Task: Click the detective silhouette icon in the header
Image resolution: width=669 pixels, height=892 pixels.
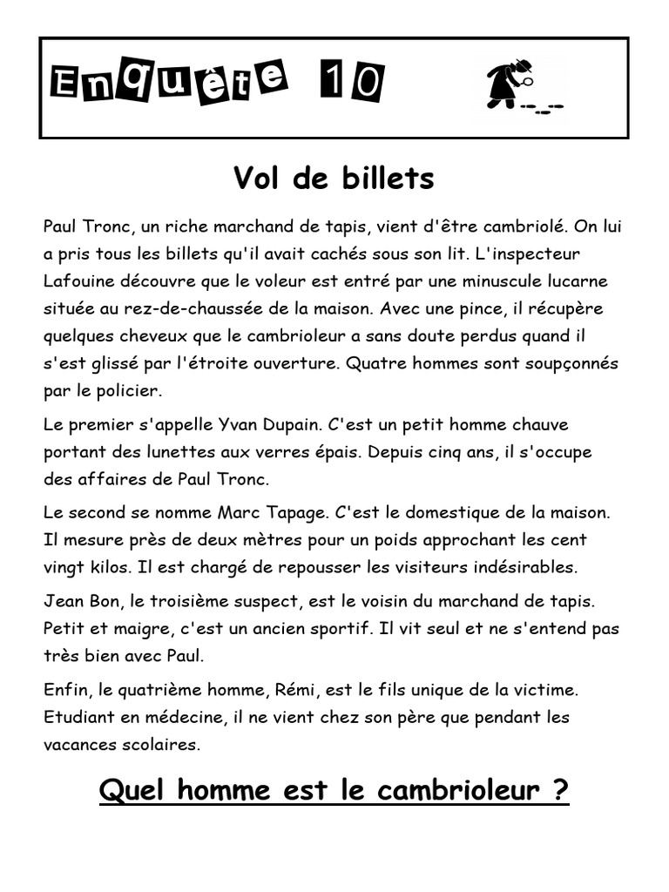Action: click(506, 84)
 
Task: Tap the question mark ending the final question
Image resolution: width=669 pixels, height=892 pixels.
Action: click(560, 791)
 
